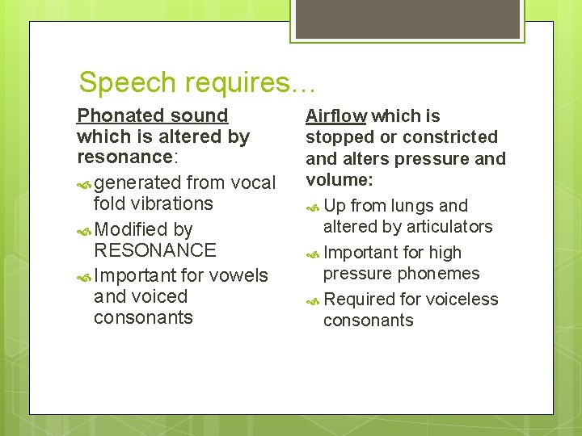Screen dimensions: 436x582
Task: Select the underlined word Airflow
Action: pyautogui.click(x=336, y=116)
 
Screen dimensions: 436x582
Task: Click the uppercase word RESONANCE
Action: pyautogui.click(x=155, y=250)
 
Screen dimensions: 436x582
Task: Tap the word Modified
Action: pyautogui.click(x=131, y=229)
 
